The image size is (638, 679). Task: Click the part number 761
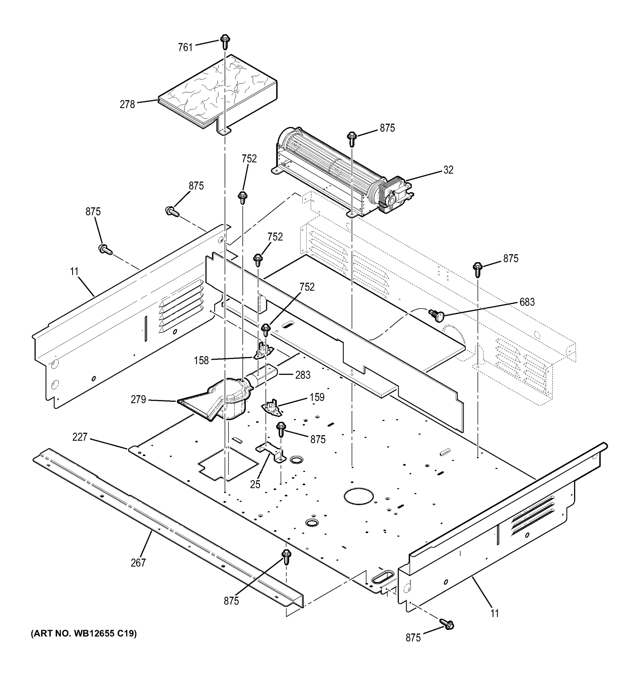tap(185, 47)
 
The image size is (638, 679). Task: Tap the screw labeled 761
tap(224, 42)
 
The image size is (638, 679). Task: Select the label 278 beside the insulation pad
tap(127, 104)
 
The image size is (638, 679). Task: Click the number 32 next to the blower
tap(448, 170)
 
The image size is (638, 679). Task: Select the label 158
tap(201, 360)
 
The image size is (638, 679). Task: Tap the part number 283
tap(303, 375)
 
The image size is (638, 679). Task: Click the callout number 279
tap(138, 399)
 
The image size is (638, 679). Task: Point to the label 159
tap(317, 397)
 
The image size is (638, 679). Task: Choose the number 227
tap(80, 437)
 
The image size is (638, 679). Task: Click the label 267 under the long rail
tap(138, 562)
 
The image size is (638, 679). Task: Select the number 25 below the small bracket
tap(255, 484)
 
